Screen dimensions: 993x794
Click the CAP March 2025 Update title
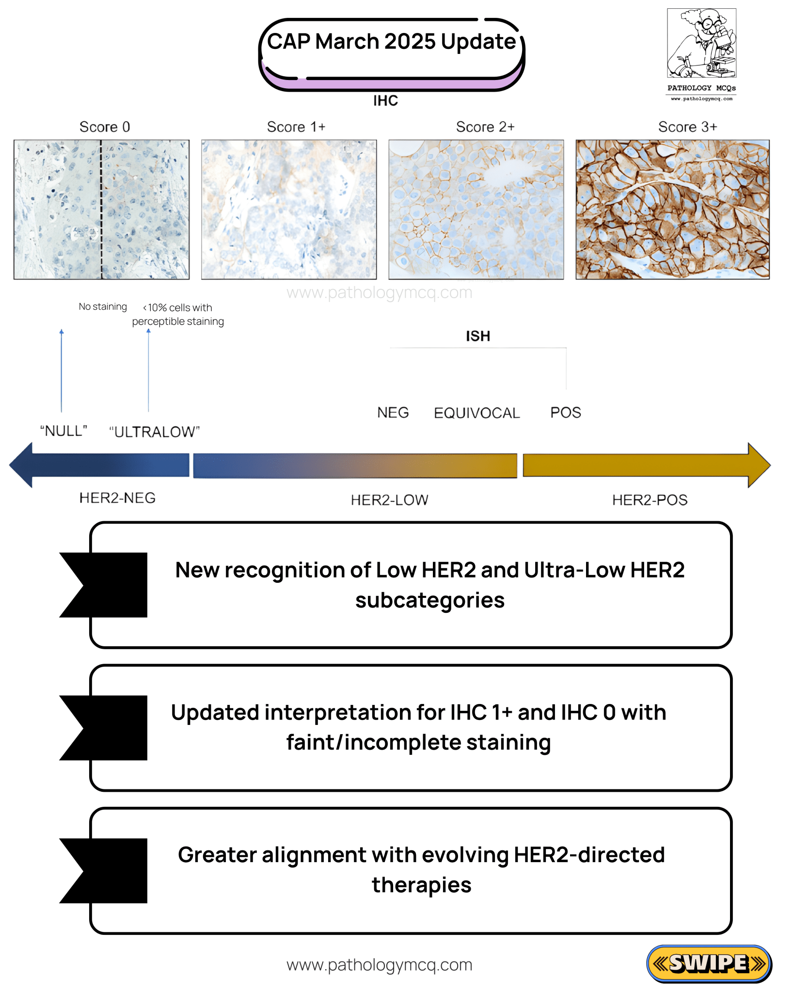(x=391, y=42)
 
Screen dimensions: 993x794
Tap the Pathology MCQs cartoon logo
(x=701, y=44)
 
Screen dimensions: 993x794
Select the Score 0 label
(x=105, y=127)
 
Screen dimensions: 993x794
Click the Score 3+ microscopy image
(x=672, y=209)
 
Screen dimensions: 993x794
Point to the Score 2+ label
(x=485, y=127)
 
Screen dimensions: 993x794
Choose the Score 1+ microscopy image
(x=289, y=209)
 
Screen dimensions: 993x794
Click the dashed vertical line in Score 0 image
(x=101, y=209)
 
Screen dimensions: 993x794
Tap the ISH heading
(x=477, y=336)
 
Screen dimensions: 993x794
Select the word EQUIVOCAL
(x=476, y=413)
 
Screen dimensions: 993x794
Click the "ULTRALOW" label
(x=154, y=432)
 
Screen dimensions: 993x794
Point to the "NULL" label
(x=64, y=431)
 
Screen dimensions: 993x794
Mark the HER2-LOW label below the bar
(x=389, y=500)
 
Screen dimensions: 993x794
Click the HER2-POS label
(x=649, y=500)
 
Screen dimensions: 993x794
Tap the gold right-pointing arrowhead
(x=758, y=465)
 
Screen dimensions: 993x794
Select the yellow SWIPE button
(x=709, y=963)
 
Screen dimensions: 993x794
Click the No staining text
(x=103, y=307)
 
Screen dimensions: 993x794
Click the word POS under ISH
(x=565, y=413)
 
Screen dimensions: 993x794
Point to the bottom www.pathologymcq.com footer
(x=379, y=965)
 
